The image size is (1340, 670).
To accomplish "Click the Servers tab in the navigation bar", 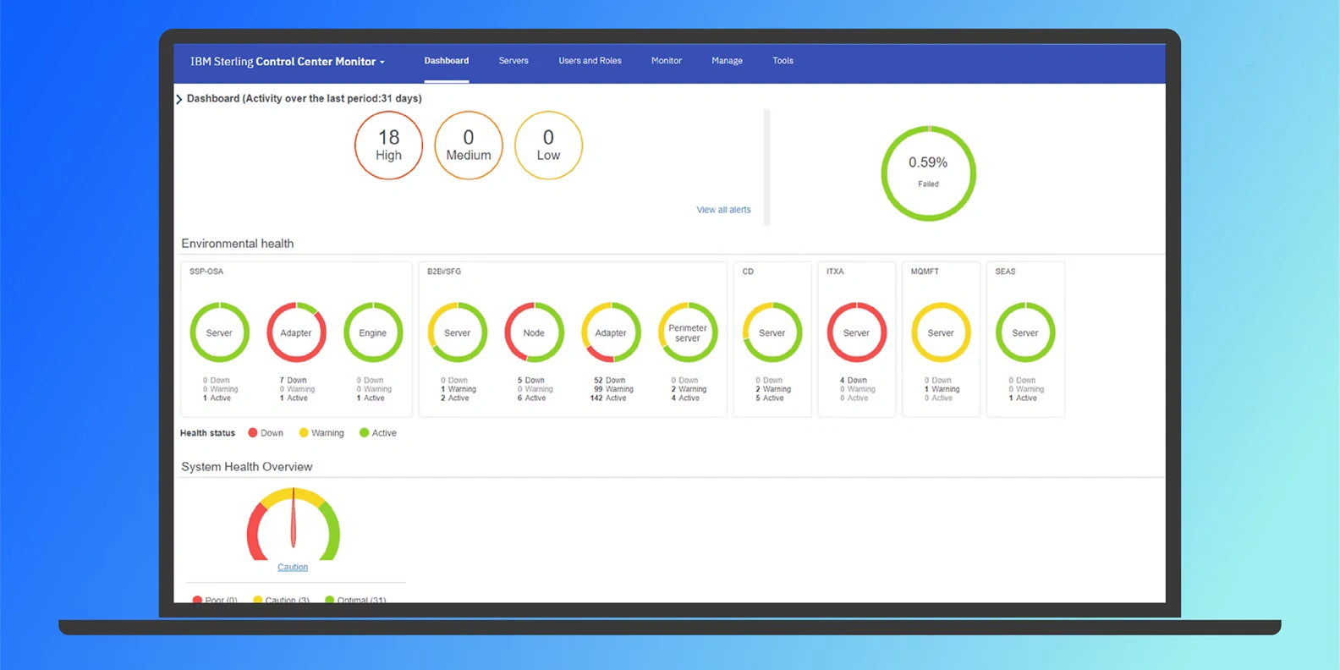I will [x=513, y=61].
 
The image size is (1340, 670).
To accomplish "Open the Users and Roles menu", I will [x=590, y=61].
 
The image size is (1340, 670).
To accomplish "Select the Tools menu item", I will [x=783, y=61].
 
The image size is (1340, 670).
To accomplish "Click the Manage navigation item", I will [x=727, y=61].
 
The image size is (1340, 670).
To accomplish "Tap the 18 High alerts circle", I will [x=388, y=146].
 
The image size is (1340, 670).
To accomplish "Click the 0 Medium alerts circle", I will [x=469, y=146].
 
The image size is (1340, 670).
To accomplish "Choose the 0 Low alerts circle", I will [x=548, y=146].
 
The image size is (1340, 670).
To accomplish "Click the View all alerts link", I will [x=723, y=210].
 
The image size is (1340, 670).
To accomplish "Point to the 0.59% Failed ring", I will [x=928, y=173].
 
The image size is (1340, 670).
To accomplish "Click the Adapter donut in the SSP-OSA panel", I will [x=296, y=332].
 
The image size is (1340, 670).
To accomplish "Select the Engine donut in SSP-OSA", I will [x=373, y=332].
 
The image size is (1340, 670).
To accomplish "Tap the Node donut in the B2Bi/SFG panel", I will [x=534, y=332].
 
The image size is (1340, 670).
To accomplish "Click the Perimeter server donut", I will [x=688, y=332].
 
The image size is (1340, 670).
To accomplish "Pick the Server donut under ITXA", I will [x=856, y=332].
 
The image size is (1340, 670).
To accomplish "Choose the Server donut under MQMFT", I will [x=941, y=332].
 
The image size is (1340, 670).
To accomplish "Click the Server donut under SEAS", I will [x=1025, y=332].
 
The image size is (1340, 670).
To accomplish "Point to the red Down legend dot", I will [x=252, y=433].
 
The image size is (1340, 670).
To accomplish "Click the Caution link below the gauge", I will [x=293, y=568].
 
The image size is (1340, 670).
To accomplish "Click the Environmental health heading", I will [x=238, y=244].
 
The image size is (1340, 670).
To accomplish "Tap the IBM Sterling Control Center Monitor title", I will [x=287, y=62].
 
